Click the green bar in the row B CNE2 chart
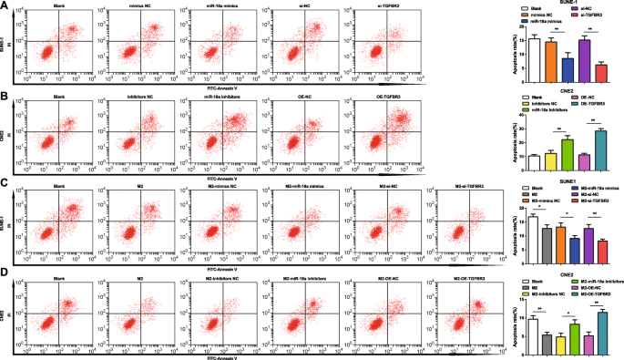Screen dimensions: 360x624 [567, 154]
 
